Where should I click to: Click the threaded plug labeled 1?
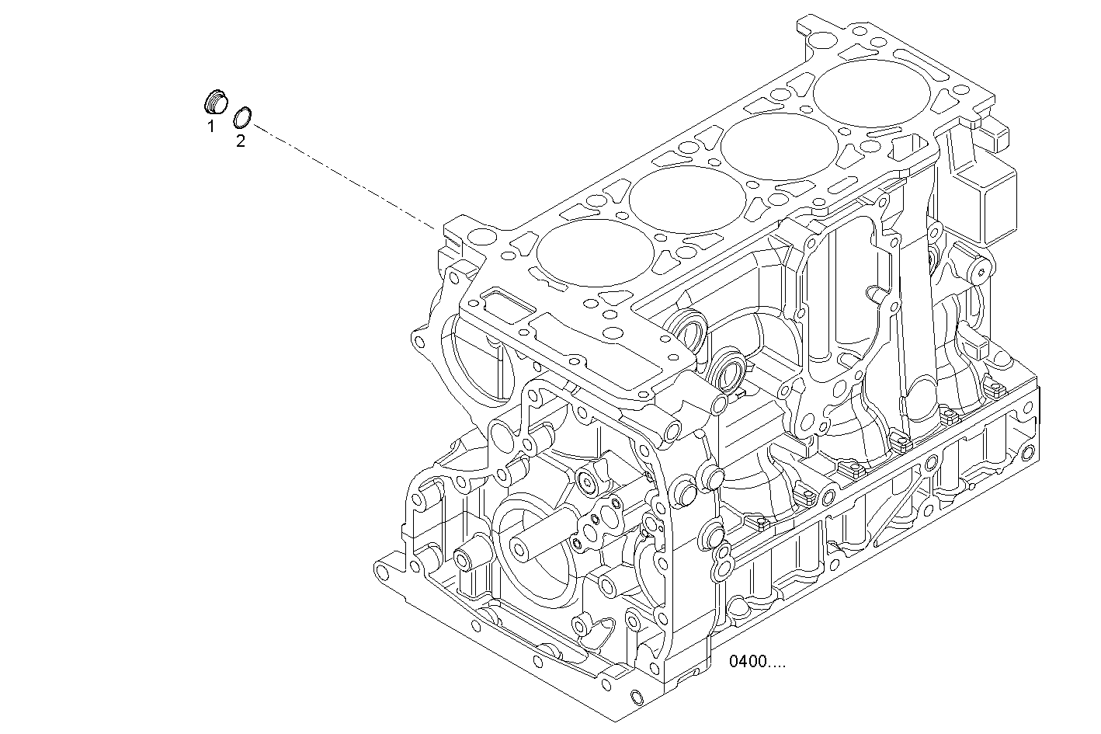click(215, 102)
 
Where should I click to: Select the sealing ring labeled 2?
click(243, 117)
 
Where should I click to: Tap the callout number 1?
click(210, 126)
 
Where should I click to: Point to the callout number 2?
click(240, 141)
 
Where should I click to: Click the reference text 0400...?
click(757, 662)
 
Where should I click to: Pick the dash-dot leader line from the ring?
click(342, 175)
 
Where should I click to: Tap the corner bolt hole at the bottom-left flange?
click(382, 574)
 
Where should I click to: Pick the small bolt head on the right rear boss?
click(980, 270)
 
